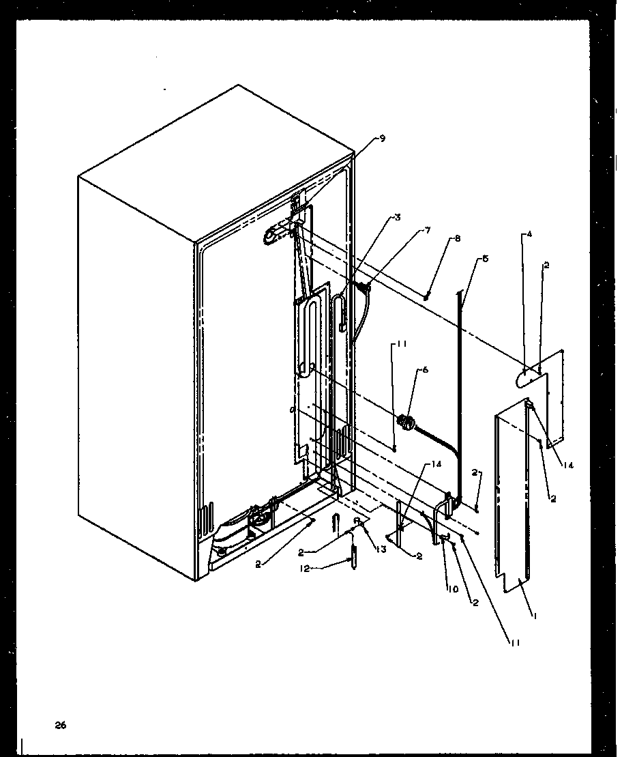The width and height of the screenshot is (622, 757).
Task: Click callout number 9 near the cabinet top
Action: (x=382, y=139)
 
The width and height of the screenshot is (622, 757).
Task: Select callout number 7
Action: (x=428, y=230)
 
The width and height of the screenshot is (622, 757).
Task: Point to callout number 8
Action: (x=458, y=239)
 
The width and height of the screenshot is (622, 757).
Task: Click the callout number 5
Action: (x=485, y=259)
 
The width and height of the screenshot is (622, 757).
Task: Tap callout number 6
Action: (x=426, y=369)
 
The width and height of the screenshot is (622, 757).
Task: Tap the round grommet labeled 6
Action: (x=407, y=423)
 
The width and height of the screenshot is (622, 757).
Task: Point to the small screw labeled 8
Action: (x=426, y=296)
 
